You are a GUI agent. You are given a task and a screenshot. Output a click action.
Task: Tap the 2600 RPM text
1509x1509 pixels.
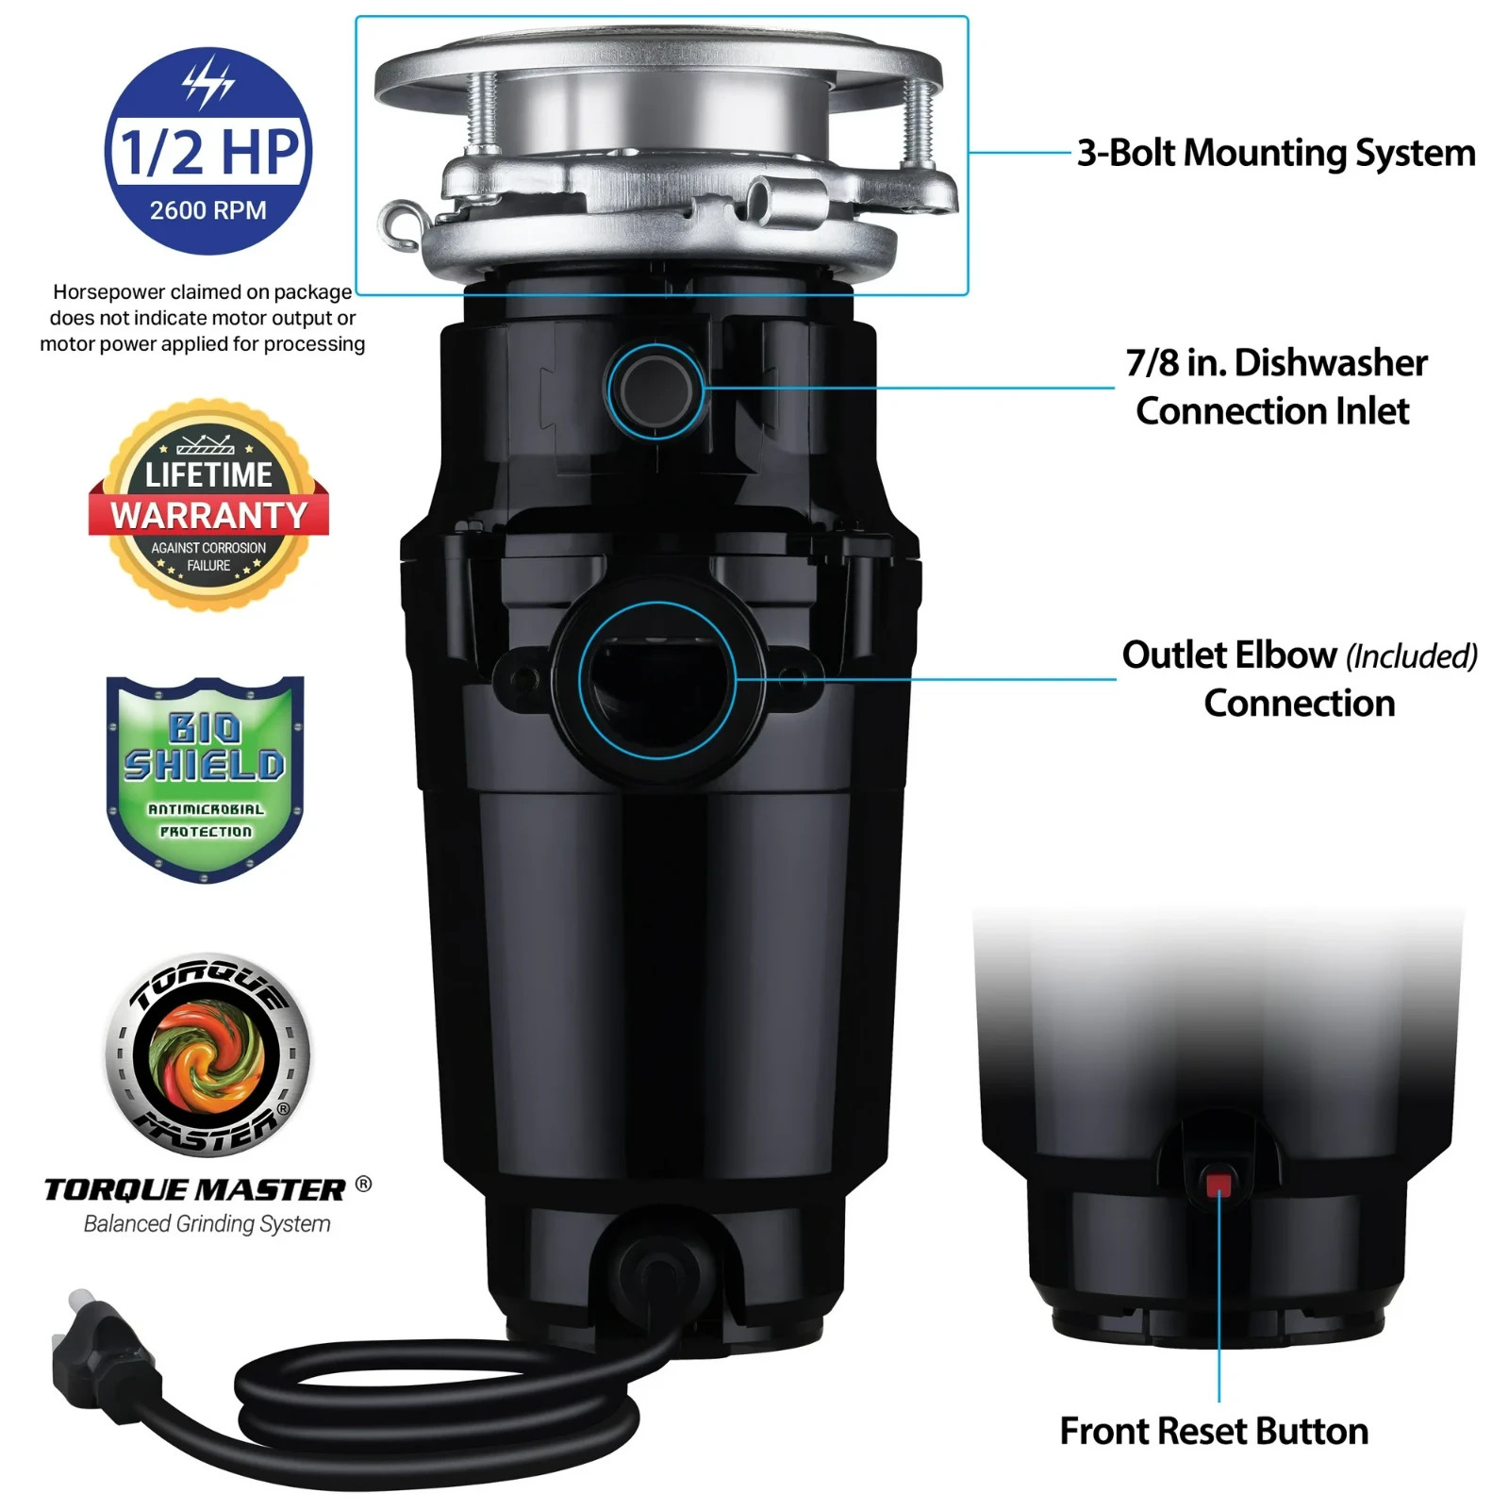(207, 210)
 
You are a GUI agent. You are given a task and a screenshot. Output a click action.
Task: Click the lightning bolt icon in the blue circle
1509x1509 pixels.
(207, 81)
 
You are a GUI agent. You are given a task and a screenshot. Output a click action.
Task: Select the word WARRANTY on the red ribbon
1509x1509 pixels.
(208, 516)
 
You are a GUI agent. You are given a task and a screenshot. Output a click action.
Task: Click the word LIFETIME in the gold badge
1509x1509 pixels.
(208, 474)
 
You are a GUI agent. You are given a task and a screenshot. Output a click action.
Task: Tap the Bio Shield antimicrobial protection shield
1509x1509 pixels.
(205, 778)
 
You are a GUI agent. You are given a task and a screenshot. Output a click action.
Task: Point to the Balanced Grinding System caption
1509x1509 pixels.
(207, 1224)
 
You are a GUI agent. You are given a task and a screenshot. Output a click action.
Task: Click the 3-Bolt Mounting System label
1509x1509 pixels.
(1276, 153)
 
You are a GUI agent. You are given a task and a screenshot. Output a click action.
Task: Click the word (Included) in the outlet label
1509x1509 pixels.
(1411, 656)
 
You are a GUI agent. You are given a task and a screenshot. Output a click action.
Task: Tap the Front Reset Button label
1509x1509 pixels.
(1214, 1432)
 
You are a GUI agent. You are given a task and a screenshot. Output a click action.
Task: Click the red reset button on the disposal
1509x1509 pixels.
(1219, 1185)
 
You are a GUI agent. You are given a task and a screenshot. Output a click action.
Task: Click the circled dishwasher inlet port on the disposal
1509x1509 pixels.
(656, 390)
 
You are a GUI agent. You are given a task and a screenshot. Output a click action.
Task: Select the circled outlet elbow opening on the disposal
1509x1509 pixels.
(657, 680)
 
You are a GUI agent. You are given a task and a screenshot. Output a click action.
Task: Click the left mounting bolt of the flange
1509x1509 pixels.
(483, 113)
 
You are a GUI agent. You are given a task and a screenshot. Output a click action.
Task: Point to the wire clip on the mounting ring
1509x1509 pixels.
(401, 226)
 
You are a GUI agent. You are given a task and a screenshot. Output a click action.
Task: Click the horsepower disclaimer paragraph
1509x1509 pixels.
(202, 318)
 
